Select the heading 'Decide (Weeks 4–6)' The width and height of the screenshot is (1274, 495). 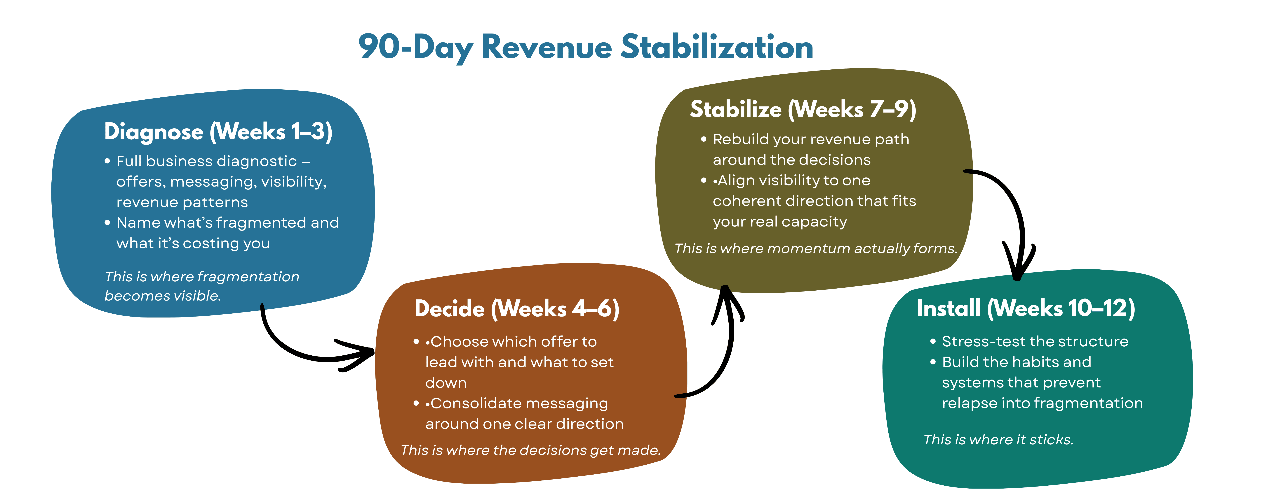[517, 309]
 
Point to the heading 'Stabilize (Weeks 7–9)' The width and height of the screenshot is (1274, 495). [803, 109]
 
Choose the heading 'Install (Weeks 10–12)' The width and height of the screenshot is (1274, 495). [1026, 308]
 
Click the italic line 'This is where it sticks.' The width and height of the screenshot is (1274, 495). [998, 440]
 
